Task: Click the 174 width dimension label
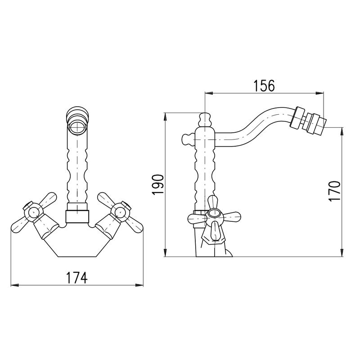[x=77, y=277]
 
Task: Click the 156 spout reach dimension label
[x=264, y=85]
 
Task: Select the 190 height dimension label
[x=158, y=184]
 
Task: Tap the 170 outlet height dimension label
[x=334, y=191]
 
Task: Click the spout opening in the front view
[x=77, y=126]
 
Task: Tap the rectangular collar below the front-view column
[x=77, y=216]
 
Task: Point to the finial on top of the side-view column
[x=205, y=120]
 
